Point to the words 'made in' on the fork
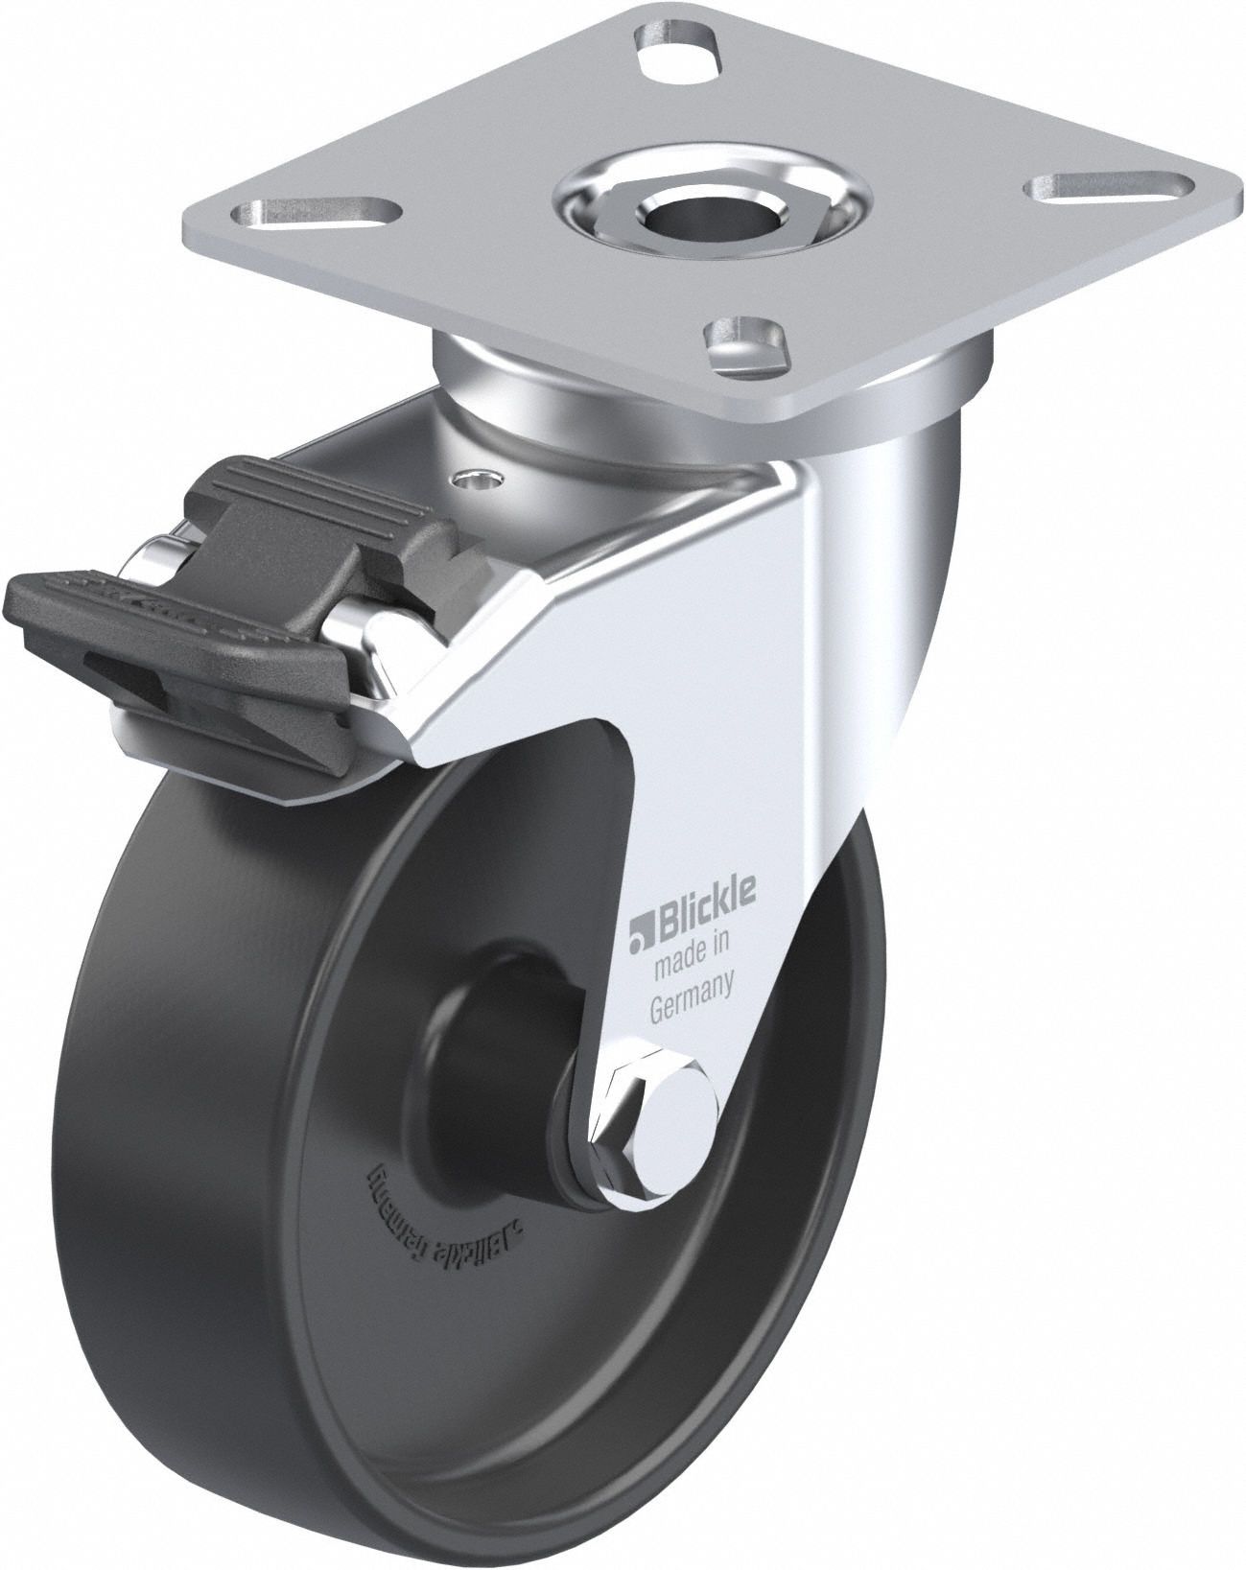click(691, 955)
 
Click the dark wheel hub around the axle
click(508, 1036)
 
